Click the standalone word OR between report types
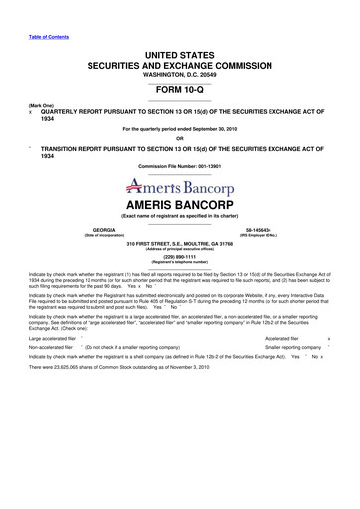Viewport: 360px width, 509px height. tap(180, 137)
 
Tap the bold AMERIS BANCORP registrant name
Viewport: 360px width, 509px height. tap(180, 202)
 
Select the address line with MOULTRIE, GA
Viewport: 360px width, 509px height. tap(180, 241)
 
